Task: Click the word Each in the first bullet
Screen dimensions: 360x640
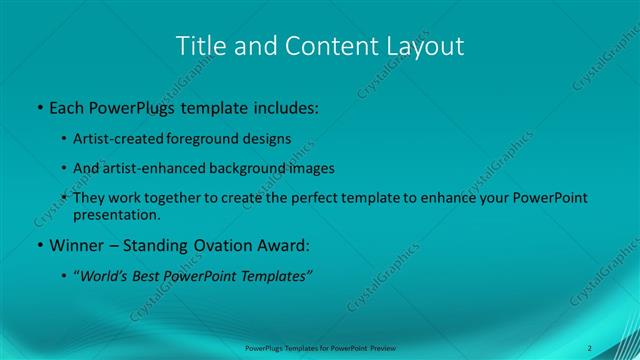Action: point(67,106)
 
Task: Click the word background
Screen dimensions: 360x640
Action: point(247,168)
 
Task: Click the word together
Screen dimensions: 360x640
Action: point(177,198)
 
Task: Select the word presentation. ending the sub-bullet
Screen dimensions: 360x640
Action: point(116,214)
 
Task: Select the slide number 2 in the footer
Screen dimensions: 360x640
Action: point(590,347)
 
